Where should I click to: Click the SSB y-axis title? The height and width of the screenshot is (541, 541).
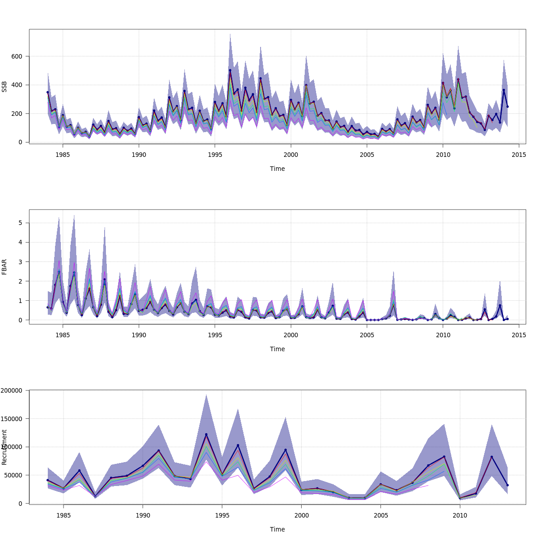[5, 87]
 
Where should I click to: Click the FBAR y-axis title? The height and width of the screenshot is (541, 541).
[5, 267]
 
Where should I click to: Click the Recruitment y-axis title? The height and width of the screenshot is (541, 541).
[5, 447]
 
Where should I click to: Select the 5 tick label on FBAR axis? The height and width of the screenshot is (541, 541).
[21, 223]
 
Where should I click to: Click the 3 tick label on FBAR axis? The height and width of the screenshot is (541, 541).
[21, 261]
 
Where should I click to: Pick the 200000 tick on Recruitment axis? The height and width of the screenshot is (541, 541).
[11, 390]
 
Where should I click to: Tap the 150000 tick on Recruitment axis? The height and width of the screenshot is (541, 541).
[11, 419]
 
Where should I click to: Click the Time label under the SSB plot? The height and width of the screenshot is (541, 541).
[277, 169]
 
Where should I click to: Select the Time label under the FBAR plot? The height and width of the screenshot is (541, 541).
[277, 349]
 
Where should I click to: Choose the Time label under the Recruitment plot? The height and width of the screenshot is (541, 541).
[277, 529]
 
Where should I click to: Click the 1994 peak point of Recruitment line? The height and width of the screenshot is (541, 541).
[206, 435]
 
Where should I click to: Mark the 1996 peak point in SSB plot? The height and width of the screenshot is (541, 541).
[230, 70]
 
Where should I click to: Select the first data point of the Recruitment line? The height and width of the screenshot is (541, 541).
[48, 480]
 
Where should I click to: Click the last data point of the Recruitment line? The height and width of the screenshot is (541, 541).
[508, 485]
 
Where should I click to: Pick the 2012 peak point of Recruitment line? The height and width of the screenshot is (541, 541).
[492, 457]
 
